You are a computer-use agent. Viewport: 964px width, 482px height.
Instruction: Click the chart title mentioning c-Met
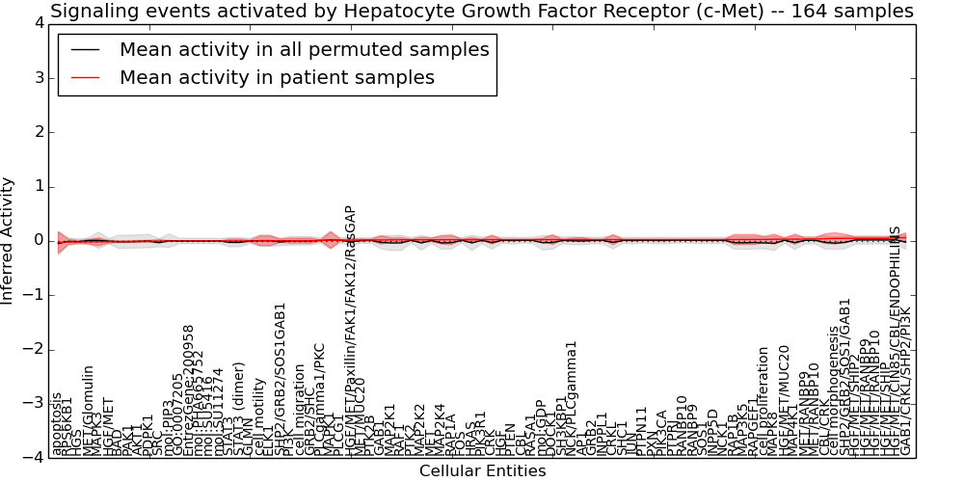click(482, 12)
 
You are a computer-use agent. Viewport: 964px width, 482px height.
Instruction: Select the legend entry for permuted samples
click(304, 50)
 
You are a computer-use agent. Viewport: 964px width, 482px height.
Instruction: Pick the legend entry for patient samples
click(277, 77)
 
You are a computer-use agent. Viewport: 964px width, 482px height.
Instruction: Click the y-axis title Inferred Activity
click(9, 240)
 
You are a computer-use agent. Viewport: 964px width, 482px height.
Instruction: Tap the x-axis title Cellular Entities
click(482, 471)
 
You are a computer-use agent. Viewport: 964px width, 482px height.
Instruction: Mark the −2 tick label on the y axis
click(31, 349)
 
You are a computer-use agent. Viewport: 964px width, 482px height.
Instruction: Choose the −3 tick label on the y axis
click(31, 403)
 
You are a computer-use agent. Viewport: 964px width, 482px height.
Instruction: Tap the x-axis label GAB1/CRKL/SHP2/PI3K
click(905, 381)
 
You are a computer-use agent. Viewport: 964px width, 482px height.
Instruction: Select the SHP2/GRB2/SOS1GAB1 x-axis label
click(281, 378)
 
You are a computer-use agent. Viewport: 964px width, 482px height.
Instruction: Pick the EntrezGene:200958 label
click(188, 389)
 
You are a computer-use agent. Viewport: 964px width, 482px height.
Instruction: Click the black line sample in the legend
click(85, 50)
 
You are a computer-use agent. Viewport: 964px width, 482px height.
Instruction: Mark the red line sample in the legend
click(85, 77)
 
